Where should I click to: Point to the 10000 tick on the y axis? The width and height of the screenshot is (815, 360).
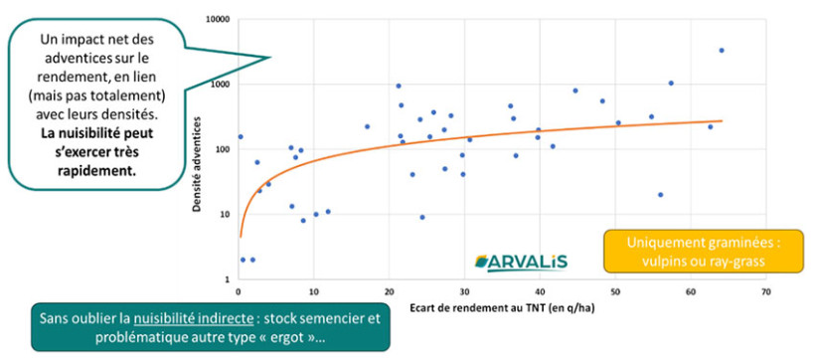(x=218, y=19)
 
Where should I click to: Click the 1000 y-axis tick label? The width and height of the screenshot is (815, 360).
(x=220, y=85)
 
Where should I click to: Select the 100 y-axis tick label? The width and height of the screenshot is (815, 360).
(x=222, y=149)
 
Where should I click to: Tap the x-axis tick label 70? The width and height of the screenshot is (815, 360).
(x=765, y=292)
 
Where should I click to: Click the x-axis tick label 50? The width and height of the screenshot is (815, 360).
(x=615, y=292)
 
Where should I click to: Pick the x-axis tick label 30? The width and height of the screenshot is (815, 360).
(x=464, y=292)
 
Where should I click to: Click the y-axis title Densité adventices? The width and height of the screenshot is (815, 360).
(x=197, y=149)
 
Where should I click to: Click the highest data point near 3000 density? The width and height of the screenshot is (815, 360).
(x=722, y=50)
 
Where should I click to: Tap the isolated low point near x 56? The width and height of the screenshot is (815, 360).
(x=660, y=195)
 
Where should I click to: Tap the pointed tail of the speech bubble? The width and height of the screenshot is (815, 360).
(x=269, y=58)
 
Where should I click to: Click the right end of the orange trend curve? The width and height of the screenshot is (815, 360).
(x=722, y=121)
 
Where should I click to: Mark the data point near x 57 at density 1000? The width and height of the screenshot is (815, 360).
(x=671, y=84)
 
